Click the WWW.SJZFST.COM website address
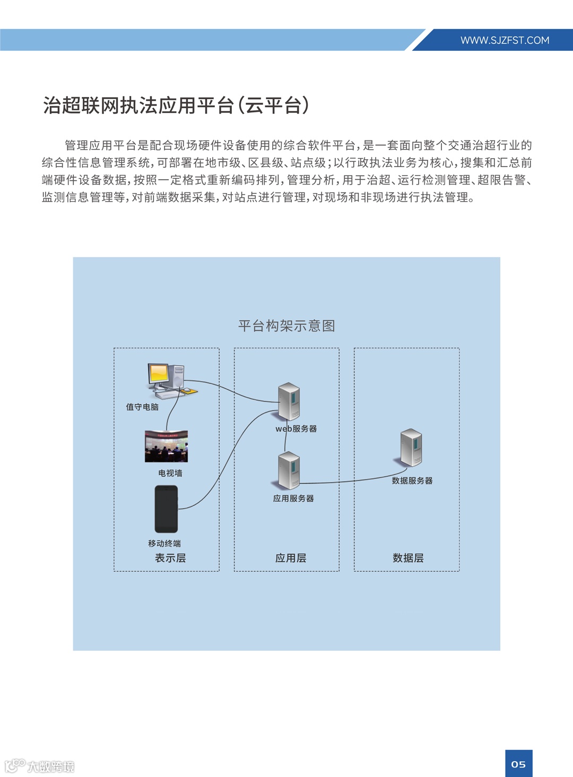(505, 40)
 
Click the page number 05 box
(518, 764)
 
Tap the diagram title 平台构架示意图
(286, 326)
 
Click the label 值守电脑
(142, 407)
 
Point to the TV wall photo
(166, 447)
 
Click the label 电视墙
(170, 473)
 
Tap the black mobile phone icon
(166, 509)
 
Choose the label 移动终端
(164, 544)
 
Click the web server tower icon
(289, 401)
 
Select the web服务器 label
(296, 429)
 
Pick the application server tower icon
(289, 470)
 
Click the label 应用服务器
(293, 499)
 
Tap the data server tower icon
(411, 448)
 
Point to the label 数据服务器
(412, 481)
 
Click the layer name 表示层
(170, 558)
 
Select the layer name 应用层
(291, 558)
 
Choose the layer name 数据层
(408, 558)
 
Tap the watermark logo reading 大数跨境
(40, 766)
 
